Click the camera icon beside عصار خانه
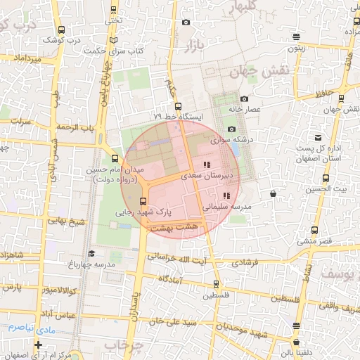(x=244, y=99)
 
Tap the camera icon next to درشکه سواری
(x=232, y=129)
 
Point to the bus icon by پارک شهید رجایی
(x=144, y=202)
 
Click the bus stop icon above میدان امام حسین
(x=115, y=159)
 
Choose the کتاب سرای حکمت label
(x=114, y=51)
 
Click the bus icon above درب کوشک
(x=61, y=30)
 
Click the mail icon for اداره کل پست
(x=318, y=137)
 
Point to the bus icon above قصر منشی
(x=314, y=230)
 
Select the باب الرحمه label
(x=75, y=127)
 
